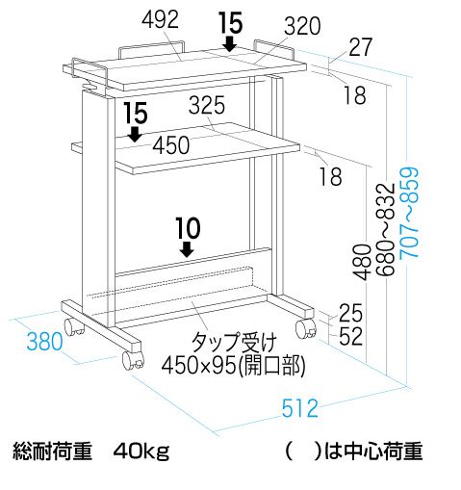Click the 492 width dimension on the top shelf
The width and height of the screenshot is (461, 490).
click(x=160, y=19)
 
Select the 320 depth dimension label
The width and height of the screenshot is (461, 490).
click(x=302, y=26)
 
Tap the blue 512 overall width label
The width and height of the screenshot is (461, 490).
click(x=300, y=408)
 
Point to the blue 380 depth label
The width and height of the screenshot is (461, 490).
click(x=44, y=342)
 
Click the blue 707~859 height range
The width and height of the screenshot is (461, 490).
click(x=410, y=212)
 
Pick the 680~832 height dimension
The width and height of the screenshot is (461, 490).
click(x=385, y=230)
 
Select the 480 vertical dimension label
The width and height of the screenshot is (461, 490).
click(x=362, y=262)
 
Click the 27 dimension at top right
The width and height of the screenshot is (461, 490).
click(x=361, y=47)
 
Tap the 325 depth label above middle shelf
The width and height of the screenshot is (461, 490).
click(x=207, y=105)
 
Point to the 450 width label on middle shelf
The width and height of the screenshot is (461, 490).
click(x=171, y=145)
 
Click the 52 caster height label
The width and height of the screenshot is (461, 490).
click(x=350, y=336)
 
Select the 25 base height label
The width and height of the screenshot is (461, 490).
click(x=350, y=313)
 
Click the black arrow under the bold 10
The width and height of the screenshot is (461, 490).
click(x=187, y=249)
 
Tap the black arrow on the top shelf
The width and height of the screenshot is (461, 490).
click(x=230, y=43)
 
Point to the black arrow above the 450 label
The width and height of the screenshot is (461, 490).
click(x=136, y=134)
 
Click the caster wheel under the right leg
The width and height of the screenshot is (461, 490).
click(x=306, y=329)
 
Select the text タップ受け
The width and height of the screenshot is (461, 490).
click(x=234, y=343)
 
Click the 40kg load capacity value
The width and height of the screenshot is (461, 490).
click(x=141, y=451)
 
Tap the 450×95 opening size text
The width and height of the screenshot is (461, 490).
click(x=233, y=366)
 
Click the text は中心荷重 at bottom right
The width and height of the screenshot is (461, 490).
click(x=372, y=451)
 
